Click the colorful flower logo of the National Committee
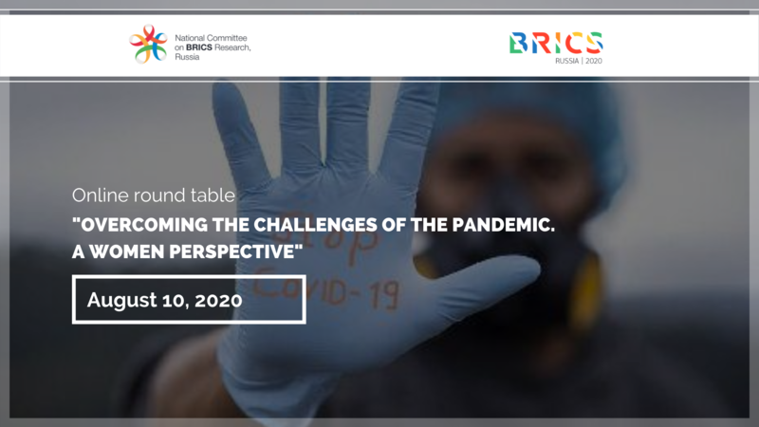(x=148, y=44)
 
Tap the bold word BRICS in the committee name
(x=199, y=47)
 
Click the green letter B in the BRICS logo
(x=518, y=43)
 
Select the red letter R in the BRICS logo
(x=542, y=43)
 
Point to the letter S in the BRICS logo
(x=595, y=43)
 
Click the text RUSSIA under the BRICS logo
(x=566, y=61)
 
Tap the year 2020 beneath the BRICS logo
(x=594, y=61)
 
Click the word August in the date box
(x=122, y=300)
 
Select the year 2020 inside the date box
(x=218, y=300)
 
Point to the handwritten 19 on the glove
(x=385, y=294)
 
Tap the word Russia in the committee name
(x=187, y=57)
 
